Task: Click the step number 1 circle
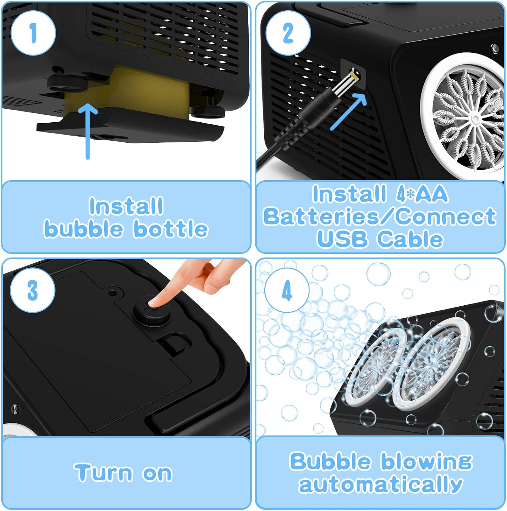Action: (x=33, y=33)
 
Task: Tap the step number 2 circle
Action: (x=288, y=33)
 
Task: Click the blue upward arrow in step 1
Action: (x=88, y=131)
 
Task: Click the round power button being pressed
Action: (x=151, y=310)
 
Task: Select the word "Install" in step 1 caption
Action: (x=126, y=206)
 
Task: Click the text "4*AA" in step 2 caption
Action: (x=422, y=194)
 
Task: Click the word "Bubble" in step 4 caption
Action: (x=330, y=461)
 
